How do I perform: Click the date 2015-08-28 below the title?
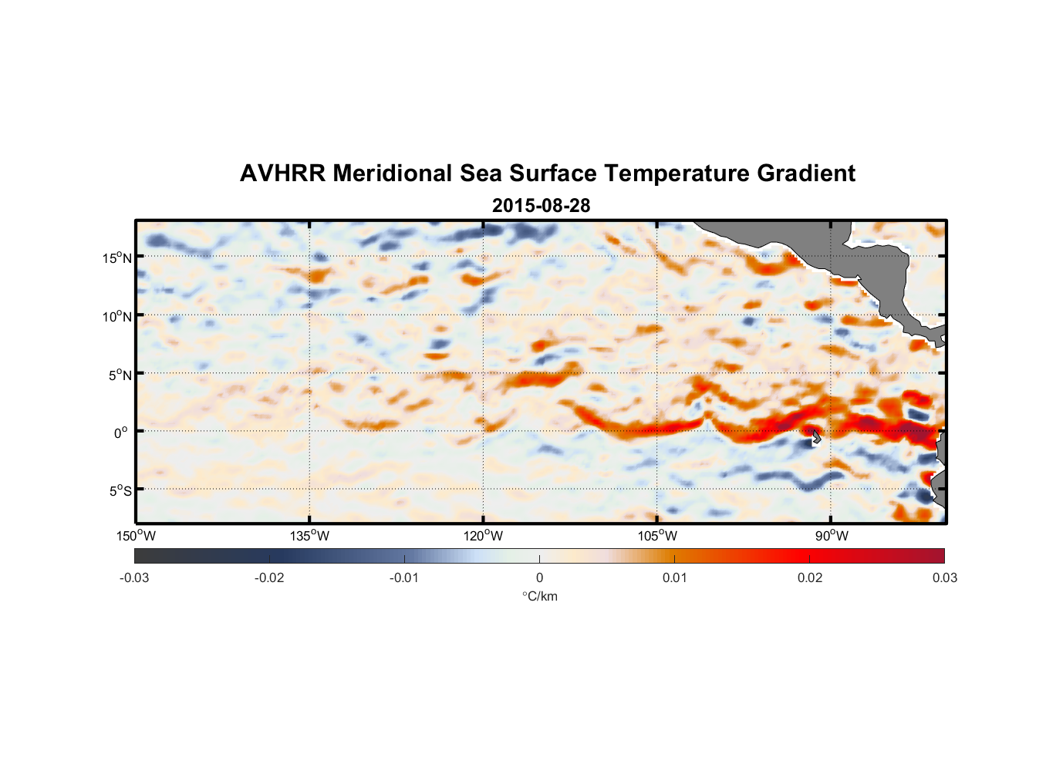pos(541,206)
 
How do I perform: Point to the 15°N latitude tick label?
pos(117,258)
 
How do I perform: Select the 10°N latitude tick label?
pos(117,316)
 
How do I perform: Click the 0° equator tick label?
pos(121,433)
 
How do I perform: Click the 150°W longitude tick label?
pos(137,536)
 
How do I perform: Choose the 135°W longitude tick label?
pos(310,536)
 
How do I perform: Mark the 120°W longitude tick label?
pos(484,536)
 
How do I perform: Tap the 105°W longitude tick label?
pos(657,536)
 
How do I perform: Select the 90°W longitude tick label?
pos(832,536)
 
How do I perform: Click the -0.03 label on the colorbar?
pos(134,577)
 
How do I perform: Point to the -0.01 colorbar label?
pos(404,577)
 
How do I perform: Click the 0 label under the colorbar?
pos(539,577)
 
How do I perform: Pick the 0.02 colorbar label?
pos(810,577)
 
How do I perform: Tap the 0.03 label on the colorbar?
pos(944,577)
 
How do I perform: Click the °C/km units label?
pos(540,596)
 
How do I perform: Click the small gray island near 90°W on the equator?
pos(815,436)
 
